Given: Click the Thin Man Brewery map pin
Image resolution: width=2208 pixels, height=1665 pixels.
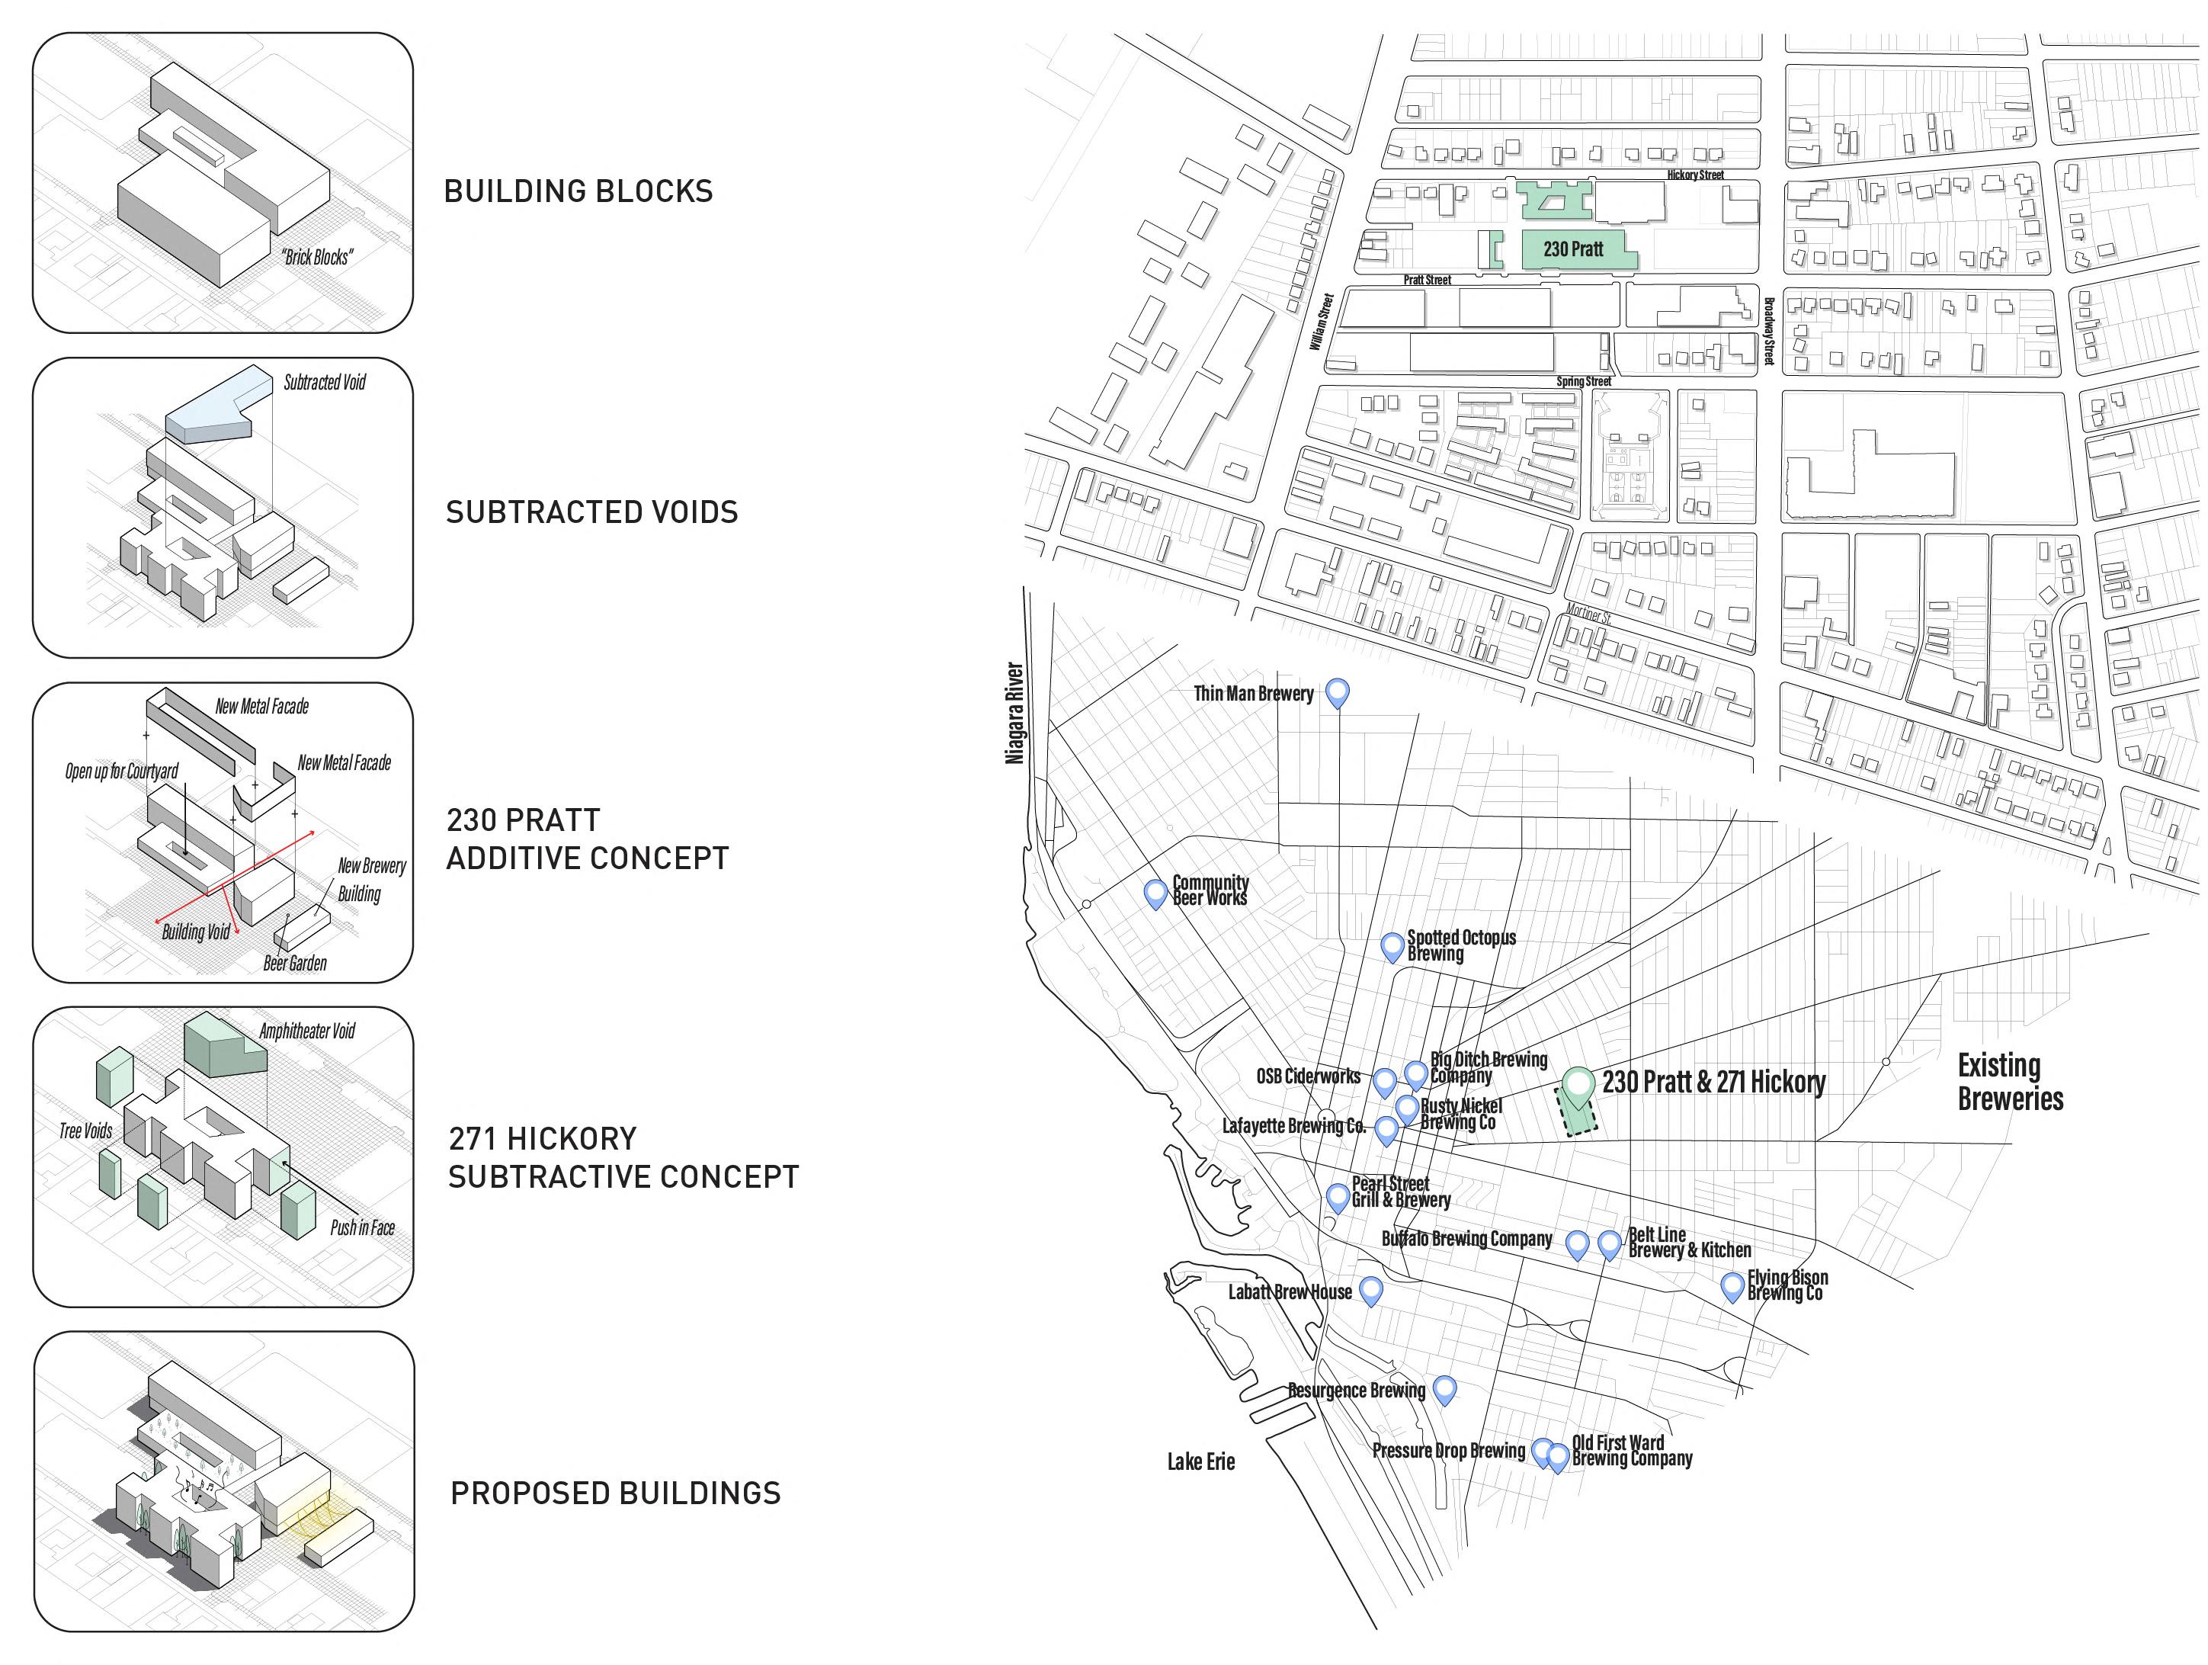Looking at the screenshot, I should (1337, 691).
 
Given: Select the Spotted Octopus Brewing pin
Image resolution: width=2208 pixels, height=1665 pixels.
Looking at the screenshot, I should (1392, 945).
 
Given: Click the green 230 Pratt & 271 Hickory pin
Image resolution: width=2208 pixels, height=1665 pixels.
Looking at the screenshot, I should (1577, 1085).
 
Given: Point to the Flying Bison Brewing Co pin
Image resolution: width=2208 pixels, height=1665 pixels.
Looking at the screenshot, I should (1733, 1285).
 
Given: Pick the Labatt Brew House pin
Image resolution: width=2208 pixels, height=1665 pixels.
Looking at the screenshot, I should (1370, 1290).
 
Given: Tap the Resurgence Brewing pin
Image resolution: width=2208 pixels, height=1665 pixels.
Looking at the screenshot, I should (1444, 1387).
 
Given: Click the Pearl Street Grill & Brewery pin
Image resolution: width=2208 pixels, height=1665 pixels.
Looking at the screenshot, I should (1338, 1196).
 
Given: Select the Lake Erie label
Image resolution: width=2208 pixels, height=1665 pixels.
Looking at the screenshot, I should (1201, 1461).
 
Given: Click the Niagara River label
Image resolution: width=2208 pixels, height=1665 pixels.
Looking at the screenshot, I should (1014, 713).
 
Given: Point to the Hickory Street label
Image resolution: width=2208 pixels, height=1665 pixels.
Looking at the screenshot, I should (1695, 175).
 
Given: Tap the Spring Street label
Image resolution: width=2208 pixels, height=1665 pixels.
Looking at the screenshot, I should (1583, 381).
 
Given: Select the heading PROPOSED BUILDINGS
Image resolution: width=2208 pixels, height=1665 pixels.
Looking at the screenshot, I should (615, 1493).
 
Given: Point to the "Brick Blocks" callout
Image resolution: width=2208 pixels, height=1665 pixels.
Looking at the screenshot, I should (316, 258).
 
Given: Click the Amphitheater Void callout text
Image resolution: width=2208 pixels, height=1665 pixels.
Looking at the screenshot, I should (306, 1031).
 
